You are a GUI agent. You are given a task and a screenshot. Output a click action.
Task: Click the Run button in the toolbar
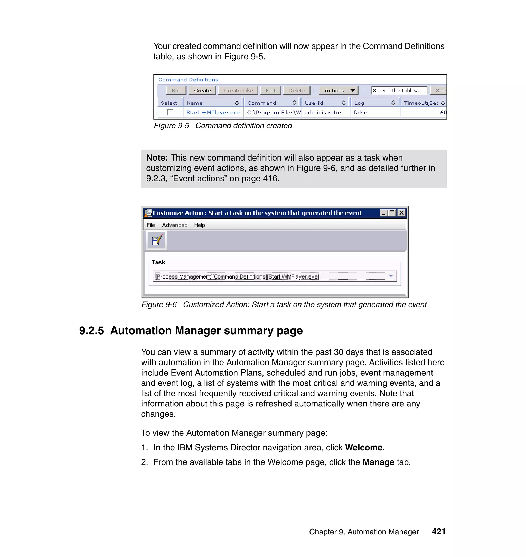(176, 91)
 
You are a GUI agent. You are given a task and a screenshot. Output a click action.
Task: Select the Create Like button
(238, 91)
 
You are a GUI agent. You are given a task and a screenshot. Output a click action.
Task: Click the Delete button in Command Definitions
(297, 91)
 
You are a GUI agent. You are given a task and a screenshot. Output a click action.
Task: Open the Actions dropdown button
(339, 91)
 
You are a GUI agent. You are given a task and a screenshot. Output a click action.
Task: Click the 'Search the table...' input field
(399, 91)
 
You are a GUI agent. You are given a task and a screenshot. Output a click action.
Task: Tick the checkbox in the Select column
(170, 112)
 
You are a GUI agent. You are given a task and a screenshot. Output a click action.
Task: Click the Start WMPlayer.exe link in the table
(213, 113)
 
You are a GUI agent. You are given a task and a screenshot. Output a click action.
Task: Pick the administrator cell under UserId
(323, 113)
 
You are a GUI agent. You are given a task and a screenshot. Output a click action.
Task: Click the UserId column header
(314, 103)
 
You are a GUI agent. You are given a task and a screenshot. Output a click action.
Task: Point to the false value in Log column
(360, 113)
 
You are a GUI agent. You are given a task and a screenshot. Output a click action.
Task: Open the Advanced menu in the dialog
(175, 225)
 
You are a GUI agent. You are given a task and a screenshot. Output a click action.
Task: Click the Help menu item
(199, 225)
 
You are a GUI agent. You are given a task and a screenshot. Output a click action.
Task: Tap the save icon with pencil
(156, 240)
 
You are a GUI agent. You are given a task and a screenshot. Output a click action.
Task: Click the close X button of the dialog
(401, 213)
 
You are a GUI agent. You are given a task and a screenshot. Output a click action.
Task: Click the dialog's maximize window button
(392, 213)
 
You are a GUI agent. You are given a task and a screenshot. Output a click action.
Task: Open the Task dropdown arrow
(391, 276)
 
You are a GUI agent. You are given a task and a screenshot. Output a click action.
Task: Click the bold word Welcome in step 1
(363, 447)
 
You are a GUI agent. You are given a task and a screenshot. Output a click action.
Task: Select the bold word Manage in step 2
(378, 462)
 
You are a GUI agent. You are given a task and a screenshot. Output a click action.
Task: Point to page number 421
(438, 532)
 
